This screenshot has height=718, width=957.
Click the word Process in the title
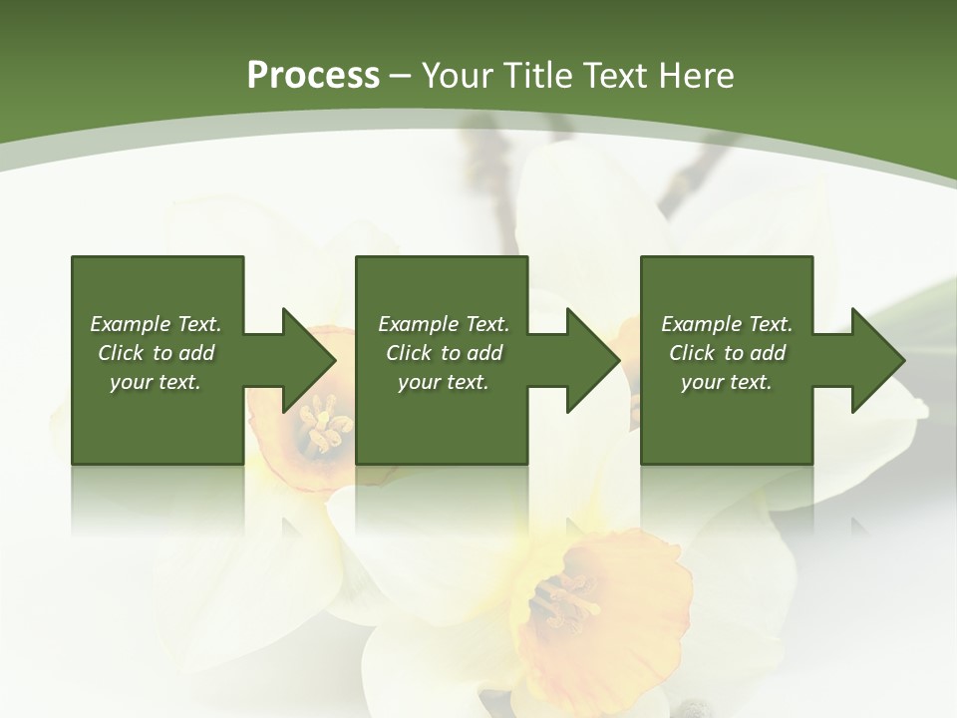[313, 76]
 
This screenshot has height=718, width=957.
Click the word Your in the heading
[455, 76]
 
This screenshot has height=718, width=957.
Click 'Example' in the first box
[130, 324]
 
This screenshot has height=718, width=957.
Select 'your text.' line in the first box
[156, 382]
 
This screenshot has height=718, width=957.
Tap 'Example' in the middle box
[418, 324]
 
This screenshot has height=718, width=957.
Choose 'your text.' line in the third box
[727, 382]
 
